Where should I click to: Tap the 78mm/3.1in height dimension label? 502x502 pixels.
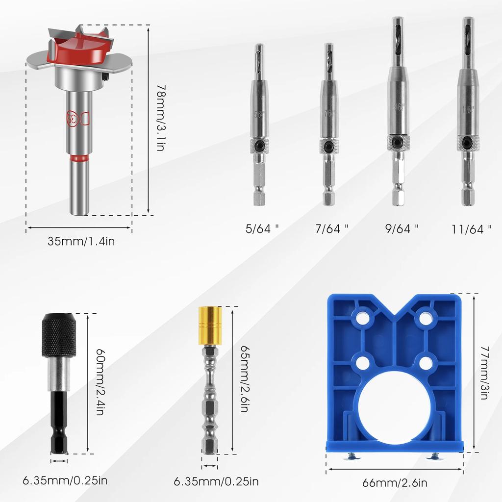point(160,118)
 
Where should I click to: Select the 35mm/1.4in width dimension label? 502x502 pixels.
point(81,241)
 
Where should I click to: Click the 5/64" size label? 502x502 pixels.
point(262,228)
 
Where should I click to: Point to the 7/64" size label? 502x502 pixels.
point(331,228)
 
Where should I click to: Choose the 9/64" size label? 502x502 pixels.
point(401,228)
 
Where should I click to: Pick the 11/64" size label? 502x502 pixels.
point(471,229)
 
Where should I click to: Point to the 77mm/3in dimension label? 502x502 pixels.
point(484,373)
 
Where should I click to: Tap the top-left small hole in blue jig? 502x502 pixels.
point(363,318)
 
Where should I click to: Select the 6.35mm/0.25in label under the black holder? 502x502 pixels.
point(65,479)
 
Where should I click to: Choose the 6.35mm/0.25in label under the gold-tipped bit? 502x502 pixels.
point(216,481)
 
